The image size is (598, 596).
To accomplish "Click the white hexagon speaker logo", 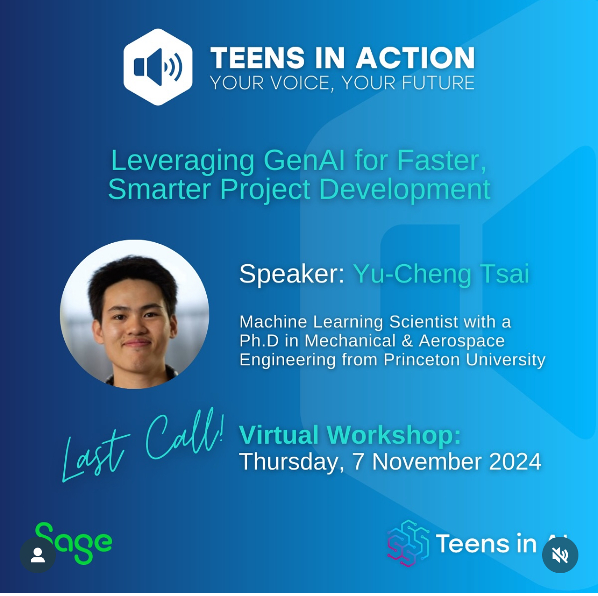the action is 157,67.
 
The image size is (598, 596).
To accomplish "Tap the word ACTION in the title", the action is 415,58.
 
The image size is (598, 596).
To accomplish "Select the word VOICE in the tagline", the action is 300,83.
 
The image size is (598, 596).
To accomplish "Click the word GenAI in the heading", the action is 304,160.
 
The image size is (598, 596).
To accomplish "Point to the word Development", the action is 405,189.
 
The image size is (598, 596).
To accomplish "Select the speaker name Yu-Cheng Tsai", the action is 441,274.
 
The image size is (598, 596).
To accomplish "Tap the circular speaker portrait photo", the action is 135,314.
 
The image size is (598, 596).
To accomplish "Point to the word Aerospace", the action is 462,341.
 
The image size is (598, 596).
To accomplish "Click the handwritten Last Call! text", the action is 143,445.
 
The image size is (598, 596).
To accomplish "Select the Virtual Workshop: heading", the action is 350,435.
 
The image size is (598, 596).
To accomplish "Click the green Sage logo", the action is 74,543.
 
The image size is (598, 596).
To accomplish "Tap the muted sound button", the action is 560,555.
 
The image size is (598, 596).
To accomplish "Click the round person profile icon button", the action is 38,555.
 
